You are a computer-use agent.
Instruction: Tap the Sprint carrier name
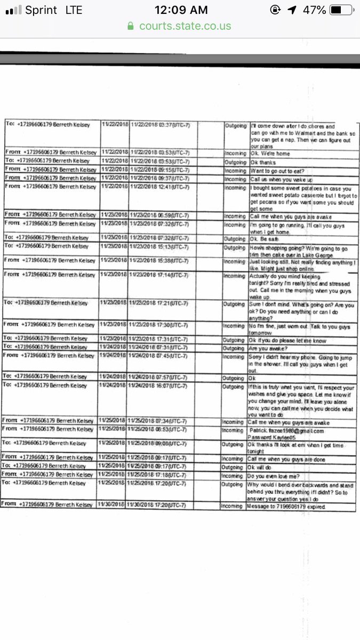click(x=41, y=10)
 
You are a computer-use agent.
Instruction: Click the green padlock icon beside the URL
click(x=130, y=26)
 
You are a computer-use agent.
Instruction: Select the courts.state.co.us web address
click(x=185, y=26)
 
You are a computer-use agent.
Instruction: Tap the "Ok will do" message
click(x=265, y=466)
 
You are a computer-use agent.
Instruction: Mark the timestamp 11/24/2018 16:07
click(x=160, y=386)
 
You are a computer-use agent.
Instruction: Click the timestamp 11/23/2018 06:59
click(x=160, y=215)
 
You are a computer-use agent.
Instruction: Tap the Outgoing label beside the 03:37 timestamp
click(x=235, y=126)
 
